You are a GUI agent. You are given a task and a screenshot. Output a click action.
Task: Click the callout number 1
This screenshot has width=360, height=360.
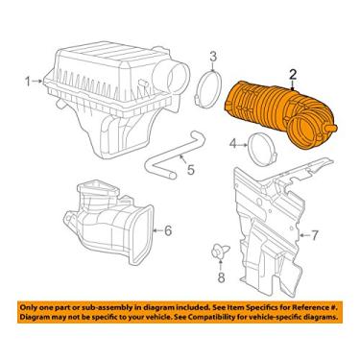pos(28,82)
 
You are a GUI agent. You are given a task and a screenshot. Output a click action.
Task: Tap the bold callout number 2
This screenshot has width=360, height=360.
pos(293,75)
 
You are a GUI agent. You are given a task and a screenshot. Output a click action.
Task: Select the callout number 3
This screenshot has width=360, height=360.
pos(213,57)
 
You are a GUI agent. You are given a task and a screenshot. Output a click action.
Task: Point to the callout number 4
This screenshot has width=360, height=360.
pos(234,145)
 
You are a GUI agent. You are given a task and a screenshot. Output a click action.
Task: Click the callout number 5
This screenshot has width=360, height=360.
pos(191,169)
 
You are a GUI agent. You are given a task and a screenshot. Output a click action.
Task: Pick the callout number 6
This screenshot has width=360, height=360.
pos(168,230)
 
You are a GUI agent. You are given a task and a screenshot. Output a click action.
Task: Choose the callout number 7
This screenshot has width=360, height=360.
pos(315,236)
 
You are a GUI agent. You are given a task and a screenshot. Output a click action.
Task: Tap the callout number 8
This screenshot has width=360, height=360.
pos(221,277)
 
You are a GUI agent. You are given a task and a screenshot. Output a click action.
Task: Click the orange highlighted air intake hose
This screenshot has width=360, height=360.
pos(276,113)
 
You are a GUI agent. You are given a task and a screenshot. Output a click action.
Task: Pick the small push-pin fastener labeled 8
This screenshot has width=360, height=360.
pos(221,251)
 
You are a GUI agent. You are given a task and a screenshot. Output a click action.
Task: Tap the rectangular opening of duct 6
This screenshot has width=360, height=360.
pos(141,235)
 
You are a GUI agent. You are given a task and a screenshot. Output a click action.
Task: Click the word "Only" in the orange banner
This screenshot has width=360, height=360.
pos(28,307)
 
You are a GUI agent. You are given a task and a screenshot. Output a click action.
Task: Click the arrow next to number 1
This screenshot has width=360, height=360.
pos(38,82)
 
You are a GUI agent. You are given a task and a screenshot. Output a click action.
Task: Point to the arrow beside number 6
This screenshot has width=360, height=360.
pos(158,230)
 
